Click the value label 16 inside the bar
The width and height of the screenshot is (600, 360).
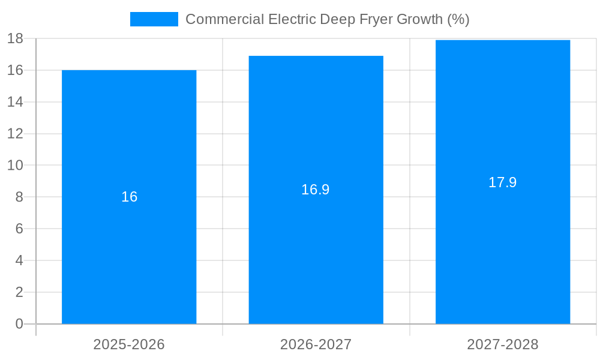(129, 197)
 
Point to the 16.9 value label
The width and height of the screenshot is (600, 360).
(316, 190)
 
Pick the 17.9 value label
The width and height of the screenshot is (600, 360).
(503, 182)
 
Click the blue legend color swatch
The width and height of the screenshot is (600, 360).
(154, 19)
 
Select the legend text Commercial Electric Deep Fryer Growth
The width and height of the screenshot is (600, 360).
(327, 19)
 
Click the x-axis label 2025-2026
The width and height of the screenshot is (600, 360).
(129, 344)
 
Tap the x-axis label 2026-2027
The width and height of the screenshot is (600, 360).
(316, 344)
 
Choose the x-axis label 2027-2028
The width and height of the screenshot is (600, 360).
(503, 344)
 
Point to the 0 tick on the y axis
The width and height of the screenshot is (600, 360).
(19, 324)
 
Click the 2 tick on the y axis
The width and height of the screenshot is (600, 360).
(19, 292)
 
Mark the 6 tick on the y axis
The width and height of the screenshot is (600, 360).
(19, 229)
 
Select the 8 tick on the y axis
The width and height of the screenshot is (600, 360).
(19, 197)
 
